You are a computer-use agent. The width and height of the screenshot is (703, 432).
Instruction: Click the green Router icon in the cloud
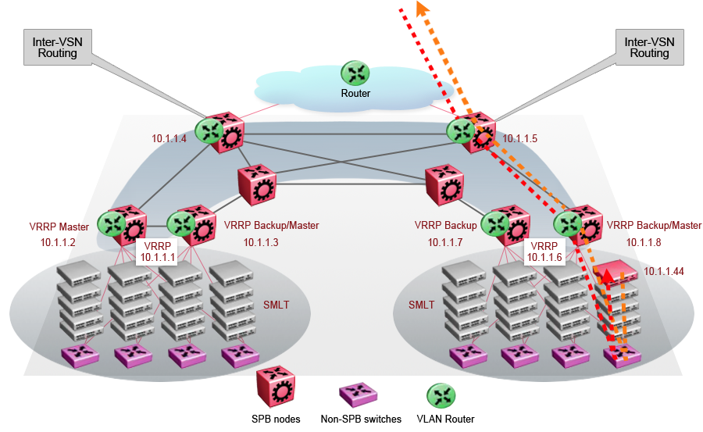point(356,73)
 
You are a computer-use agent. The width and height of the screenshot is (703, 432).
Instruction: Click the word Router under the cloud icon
point(355,94)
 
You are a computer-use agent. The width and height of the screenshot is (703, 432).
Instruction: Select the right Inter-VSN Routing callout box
point(649,47)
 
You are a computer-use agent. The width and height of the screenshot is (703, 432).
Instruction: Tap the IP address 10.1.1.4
point(169,139)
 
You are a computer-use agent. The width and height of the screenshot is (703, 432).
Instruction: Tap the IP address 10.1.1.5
point(520,139)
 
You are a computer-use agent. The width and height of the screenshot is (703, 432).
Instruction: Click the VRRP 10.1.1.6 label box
point(544,251)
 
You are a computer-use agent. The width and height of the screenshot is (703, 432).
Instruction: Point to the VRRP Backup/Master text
point(271,226)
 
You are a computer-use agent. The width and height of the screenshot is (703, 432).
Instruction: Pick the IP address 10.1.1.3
point(261,242)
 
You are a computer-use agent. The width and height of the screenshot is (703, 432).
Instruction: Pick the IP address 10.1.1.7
point(446,242)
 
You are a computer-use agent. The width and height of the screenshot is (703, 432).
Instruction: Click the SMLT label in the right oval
point(422,305)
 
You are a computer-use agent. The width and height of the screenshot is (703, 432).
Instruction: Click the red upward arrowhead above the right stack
point(607,274)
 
